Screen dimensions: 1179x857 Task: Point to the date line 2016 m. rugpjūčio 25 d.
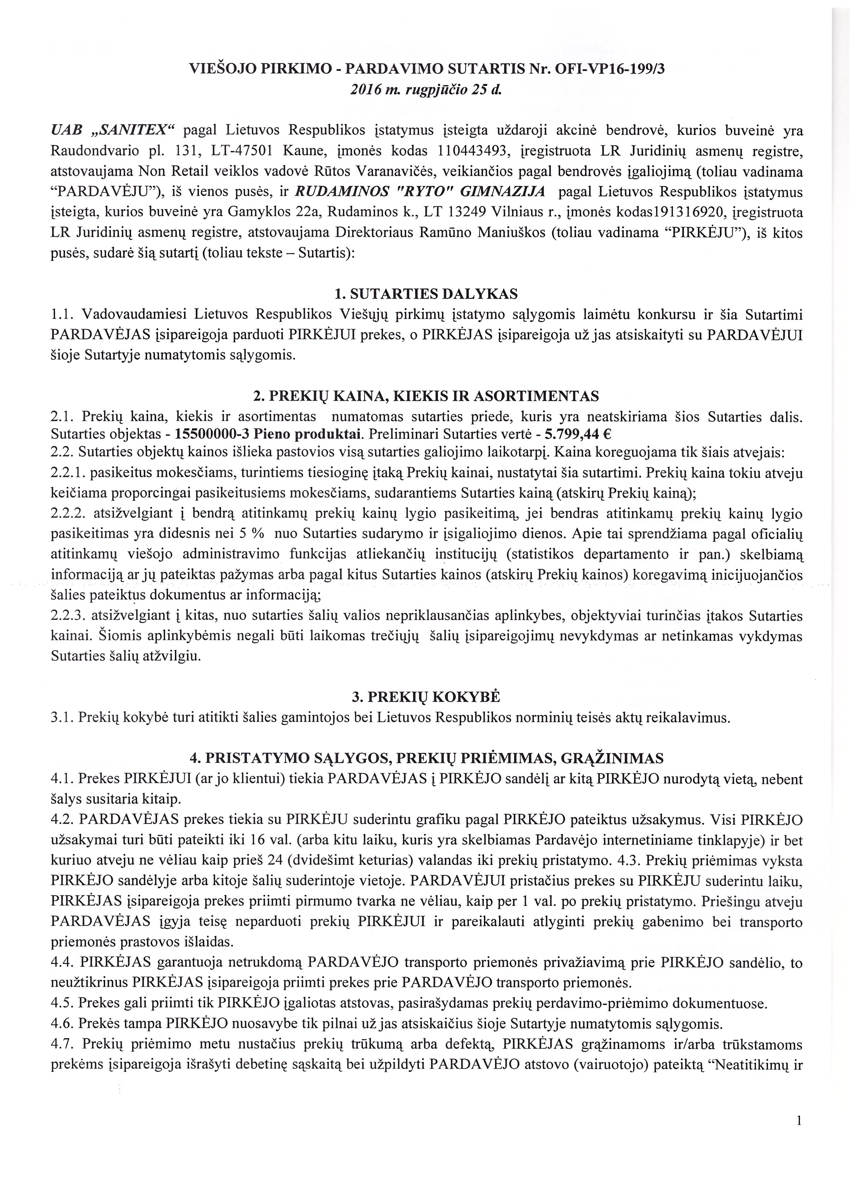pyautogui.click(x=426, y=89)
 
